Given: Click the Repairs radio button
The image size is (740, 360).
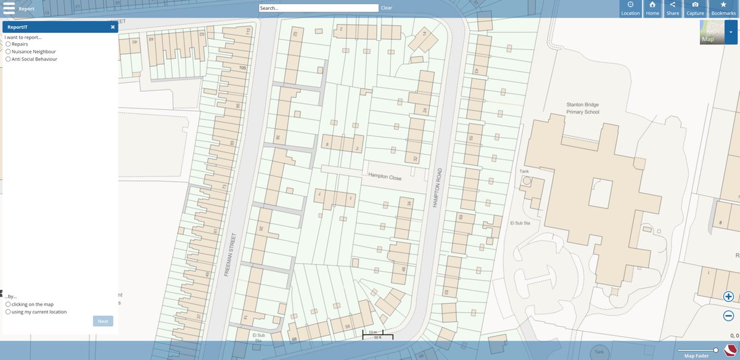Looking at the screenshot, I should pos(8,44).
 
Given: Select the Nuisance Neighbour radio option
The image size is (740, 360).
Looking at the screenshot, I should pos(8,52).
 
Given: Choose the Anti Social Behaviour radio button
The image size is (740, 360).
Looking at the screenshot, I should pos(8,59).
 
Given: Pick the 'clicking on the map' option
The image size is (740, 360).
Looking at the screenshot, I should pos(8,305).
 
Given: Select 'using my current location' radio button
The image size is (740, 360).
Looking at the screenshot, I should pos(8,312).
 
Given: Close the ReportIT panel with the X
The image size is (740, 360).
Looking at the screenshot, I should pos(113,27).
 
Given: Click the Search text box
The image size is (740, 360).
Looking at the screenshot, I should pos(318,8).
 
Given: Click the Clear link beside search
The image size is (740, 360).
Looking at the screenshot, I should pos(386,8).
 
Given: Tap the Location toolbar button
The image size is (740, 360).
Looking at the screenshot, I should pos(630,9).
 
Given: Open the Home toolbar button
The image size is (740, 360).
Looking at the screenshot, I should pos(652,9).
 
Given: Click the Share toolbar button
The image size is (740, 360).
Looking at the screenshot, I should pos(672,9).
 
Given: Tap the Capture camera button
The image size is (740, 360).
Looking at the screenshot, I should pos(695,9).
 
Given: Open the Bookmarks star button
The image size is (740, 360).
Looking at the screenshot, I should pos(723,9).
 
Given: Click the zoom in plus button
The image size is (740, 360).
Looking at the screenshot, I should pos(728,297).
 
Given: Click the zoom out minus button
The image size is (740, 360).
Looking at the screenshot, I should pos(728,316).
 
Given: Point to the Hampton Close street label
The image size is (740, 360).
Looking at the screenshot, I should pos(385,178).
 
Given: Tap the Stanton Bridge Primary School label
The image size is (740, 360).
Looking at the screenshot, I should pos(583,108).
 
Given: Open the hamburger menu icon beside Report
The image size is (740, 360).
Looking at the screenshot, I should pos(9,9).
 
